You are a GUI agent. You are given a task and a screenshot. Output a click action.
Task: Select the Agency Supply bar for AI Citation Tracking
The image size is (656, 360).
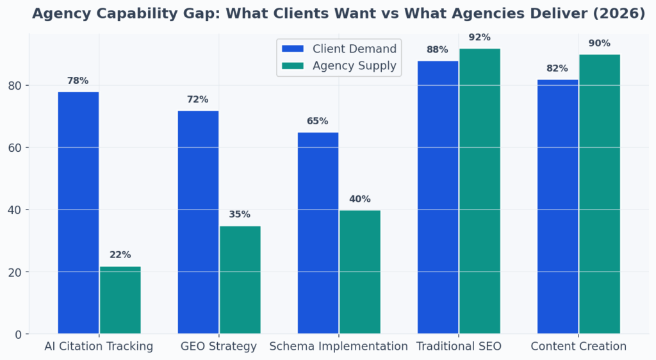120,300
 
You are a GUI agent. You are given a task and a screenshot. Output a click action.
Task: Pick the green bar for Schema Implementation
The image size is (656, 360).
359,272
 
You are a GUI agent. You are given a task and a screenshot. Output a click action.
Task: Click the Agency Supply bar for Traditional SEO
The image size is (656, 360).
480,191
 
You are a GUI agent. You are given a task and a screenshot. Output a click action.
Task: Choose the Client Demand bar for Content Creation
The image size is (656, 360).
557,206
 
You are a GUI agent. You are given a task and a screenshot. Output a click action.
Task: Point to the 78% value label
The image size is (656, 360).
78,81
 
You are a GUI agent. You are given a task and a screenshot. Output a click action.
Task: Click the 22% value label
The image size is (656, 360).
120,255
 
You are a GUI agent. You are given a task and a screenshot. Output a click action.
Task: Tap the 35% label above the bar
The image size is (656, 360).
240,215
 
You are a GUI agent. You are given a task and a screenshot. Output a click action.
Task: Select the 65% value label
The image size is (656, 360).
317,121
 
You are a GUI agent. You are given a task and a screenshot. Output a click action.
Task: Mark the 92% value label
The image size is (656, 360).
480,37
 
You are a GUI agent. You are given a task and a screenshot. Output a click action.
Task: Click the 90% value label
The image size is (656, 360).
600,44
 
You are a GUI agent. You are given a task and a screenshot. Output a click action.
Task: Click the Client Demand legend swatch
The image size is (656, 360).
293,49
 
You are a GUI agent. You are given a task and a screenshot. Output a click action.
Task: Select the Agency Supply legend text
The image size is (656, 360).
354,65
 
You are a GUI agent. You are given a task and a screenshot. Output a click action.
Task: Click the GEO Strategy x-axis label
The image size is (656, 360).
218,347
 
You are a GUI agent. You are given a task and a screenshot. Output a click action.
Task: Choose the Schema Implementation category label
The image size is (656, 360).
338,347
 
